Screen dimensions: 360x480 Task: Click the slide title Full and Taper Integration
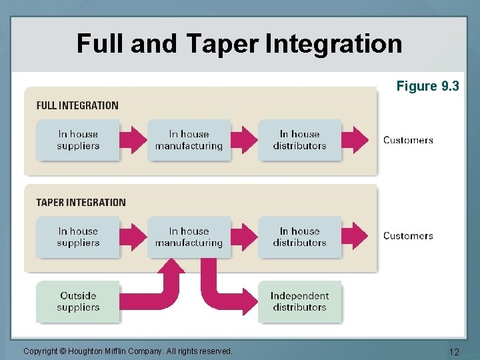(x=239, y=44)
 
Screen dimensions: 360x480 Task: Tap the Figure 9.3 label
(x=427, y=86)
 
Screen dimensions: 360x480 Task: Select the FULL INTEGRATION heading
(x=77, y=105)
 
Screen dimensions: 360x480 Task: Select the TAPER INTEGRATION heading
(x=81, y=203)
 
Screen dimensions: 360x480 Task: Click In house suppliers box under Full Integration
(x=78, y=140)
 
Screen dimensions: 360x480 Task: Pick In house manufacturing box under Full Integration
(x=189, y=140)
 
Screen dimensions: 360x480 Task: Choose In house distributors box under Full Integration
(x=299, y=140)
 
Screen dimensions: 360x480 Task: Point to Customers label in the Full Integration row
(x=408, y=140)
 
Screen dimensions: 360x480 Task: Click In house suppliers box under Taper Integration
(x=78, y=237)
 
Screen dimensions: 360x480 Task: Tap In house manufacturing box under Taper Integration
(x=189, y=237)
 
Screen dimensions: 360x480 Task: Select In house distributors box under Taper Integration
(x=299, y=237)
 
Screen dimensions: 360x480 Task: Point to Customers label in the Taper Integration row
(x=408, y=236)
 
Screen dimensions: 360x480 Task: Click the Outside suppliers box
(x=78, y=301)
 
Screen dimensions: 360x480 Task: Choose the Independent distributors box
(x=299, y=301)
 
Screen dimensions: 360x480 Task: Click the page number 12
(x=454, y=351)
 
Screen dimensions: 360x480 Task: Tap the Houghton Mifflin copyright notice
(x=127, y=351)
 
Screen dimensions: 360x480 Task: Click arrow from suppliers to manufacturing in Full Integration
(x=133, y=140)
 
